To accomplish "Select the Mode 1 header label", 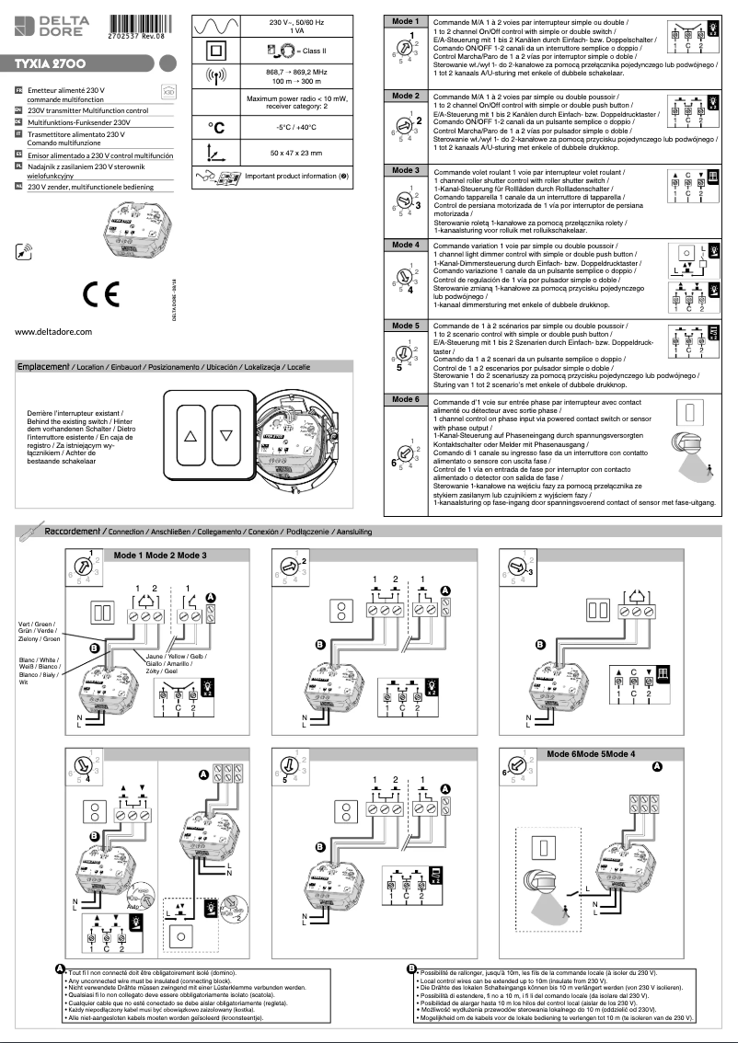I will point(405,20).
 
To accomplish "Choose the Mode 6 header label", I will point(405,399).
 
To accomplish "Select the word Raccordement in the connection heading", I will point(75,532).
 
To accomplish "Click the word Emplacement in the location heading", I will point(43,366).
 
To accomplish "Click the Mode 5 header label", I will point(405,326).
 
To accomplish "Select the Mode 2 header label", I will point(405,96).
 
